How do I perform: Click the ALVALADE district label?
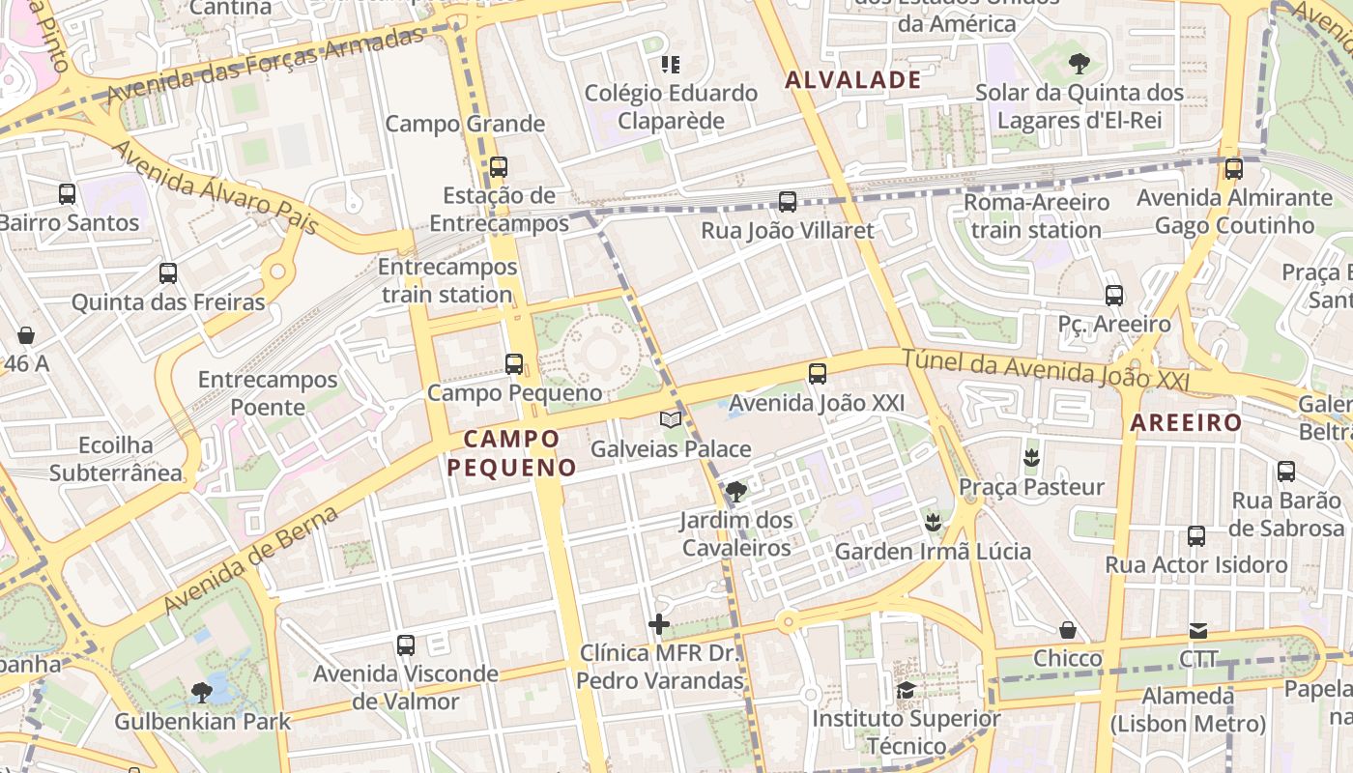(x=853, y=80)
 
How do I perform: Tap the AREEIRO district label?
(x=1186, y=422)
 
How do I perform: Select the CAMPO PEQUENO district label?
(x=512, y=453)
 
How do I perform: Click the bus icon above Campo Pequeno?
(x=514, y=364)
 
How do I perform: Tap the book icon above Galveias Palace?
(x=670, y=419)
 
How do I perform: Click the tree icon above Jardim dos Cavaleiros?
(x=736, y=491)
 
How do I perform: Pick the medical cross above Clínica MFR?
(x=659, y=624)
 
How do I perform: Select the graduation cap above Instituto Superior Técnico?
(x=906, y=690)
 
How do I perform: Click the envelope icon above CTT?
(x=1198, y=631)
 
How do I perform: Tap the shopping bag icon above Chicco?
(x=1068, y=630)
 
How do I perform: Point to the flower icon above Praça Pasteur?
(x=1031, y=457)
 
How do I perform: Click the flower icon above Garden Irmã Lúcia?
(x=933, y=523)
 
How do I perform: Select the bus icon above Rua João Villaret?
(x=788, y=202)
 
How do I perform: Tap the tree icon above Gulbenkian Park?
(x=202, y=692)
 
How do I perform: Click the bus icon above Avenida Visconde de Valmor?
(x=406, y=644)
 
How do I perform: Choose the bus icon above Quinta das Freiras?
(x=168, y=273)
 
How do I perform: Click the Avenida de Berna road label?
(x=250, y=559)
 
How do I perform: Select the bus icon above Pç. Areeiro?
(x=1114, y=295)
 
